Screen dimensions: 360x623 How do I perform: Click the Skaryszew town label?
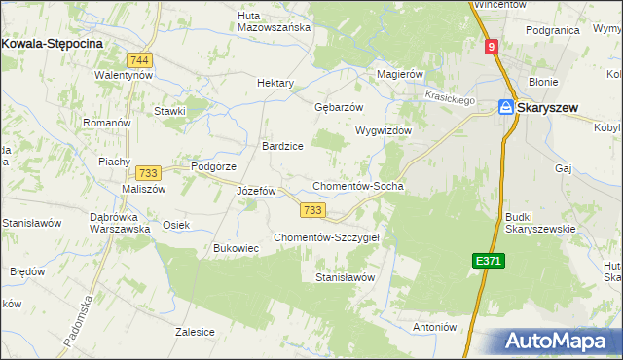556,108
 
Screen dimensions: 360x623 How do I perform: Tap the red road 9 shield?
493,46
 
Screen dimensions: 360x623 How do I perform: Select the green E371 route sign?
489,261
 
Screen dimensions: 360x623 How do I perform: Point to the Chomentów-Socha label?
357,186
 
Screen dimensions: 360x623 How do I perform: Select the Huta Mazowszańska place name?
274,21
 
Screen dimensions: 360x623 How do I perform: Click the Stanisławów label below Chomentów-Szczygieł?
346,277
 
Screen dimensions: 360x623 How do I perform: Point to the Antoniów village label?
436,327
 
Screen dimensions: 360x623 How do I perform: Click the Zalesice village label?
195,331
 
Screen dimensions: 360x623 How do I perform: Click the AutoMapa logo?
559,341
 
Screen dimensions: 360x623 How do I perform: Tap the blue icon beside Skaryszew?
506,108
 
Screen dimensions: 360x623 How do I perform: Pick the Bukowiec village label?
236,248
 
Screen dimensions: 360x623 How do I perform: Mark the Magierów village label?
400,74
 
